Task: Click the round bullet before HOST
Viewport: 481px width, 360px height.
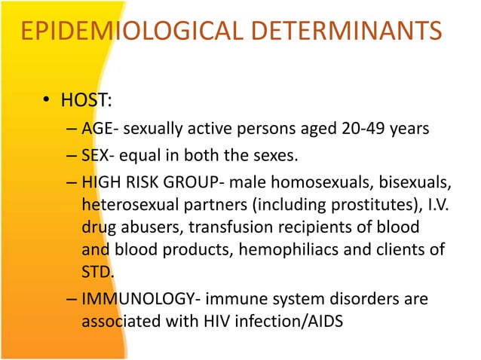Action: click(46, 102)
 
